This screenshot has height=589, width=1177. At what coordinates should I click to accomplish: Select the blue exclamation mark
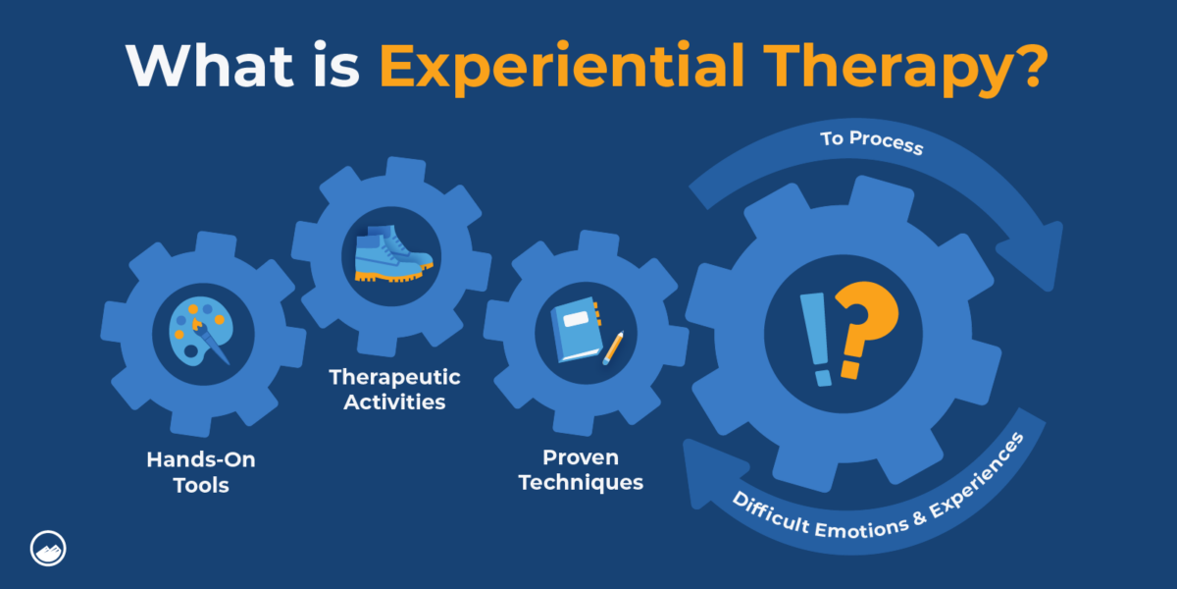coord(816,340)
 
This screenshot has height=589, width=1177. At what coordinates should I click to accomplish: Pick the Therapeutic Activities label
coord(394,389)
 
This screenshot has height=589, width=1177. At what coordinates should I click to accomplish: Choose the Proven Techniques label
coord(581,470)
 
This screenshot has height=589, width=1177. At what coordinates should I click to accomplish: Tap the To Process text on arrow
coord(871,144)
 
